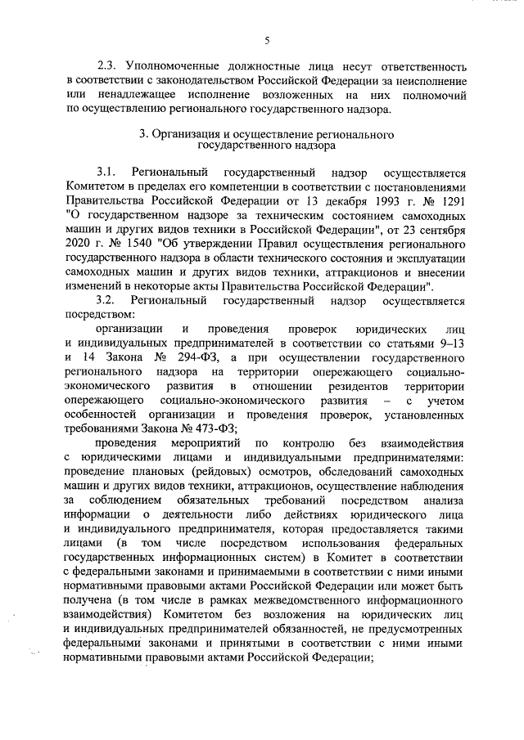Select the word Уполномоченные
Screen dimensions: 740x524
coord(178,65)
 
